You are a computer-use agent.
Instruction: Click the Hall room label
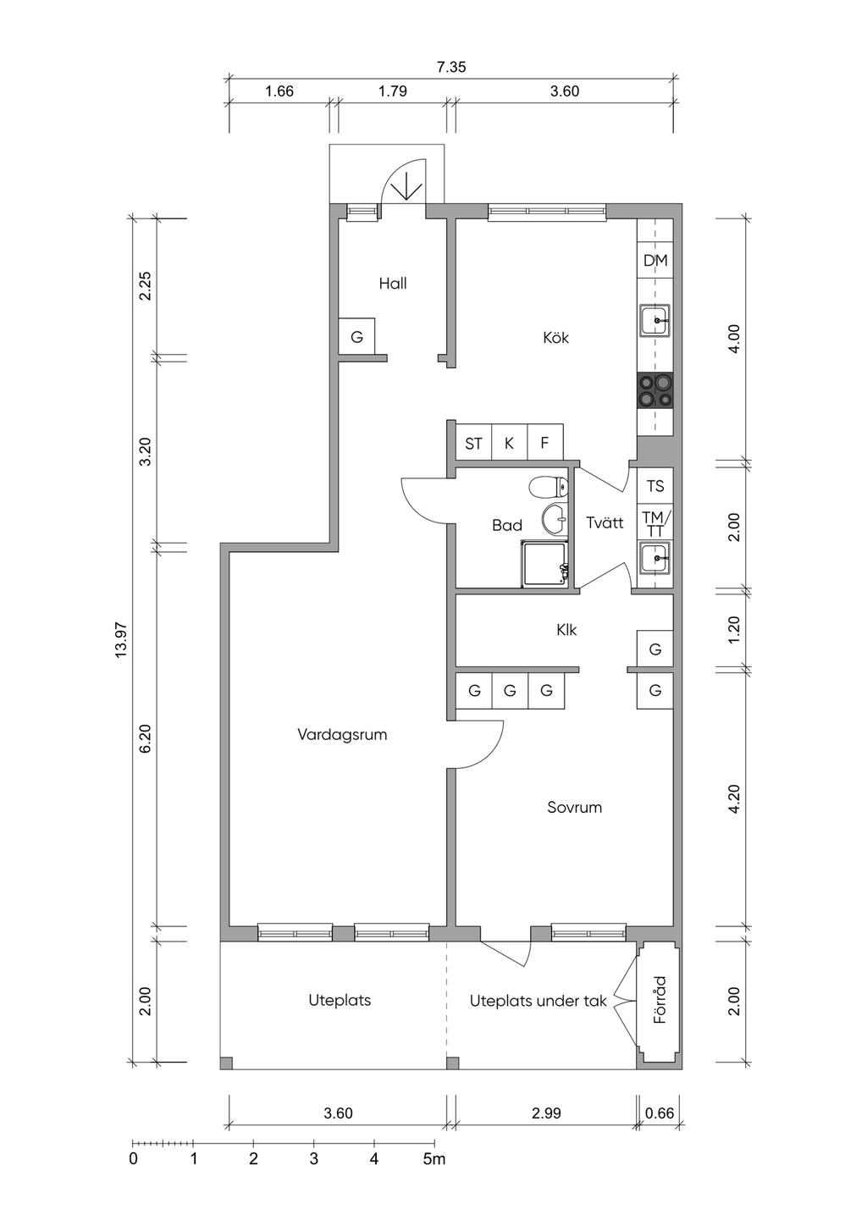pyautogui.click(x=393, y=284)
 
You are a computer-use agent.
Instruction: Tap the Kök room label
pyautogui.click(x=555, y=337)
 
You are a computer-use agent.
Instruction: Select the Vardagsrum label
pyautogui.click(x=342, y=734)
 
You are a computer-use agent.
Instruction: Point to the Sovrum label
pyautogui.click(x=574, y=807)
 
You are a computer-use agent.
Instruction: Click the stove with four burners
pyautogui.click(x=655, y=390)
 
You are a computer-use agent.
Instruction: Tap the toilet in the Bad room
pyautogui.click(x=549, y=485)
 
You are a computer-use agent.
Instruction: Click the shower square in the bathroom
pyautogui.click(x=545, y=564)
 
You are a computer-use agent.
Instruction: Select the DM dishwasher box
pyautogui.click(x=655, y=260)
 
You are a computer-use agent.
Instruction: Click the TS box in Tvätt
pyautogui.click(x=655, y=485)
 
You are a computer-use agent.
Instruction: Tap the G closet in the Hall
pyautogui.click(x=356, y=336)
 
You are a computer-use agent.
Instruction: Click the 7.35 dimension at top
pyautogui.click(x=451, y=68)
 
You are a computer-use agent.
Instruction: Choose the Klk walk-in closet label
pyautogui.click(x=566, y=629)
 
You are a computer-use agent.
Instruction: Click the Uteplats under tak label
pyautogui.click(x=538, y=1001)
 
